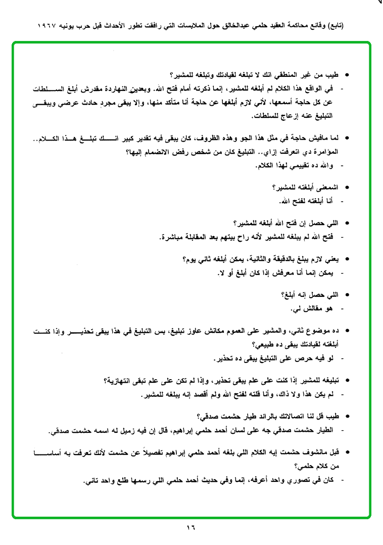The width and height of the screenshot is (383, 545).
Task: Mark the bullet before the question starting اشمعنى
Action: tap(347, 187)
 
